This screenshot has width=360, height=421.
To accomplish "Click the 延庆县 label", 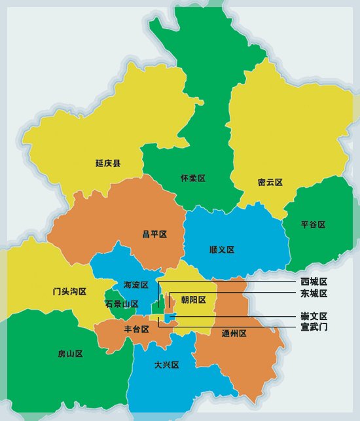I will [107, 163].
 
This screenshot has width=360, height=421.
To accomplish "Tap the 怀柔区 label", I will [193, 178].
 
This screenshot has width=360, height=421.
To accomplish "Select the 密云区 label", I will [270, 182].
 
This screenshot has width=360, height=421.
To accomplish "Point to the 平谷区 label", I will [313, 225].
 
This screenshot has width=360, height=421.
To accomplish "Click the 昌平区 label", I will [155, 234].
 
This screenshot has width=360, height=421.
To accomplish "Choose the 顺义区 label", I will [222, 249].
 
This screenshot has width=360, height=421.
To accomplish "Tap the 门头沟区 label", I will [69, 291].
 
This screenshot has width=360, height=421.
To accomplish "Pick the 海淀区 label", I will [136, 285].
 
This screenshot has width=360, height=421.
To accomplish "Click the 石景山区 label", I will [122, 304].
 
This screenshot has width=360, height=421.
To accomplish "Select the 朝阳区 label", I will [194, 300].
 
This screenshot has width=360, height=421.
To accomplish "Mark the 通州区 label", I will [234, 333].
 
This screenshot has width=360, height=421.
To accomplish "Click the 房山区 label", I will [70, 354].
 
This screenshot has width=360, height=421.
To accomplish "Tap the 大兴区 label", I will [166, 365].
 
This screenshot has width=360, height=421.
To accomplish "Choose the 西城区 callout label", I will [314, 281].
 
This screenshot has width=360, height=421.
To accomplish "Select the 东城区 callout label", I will [314, 293].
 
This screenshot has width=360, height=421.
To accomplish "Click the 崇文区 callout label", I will [314, 316].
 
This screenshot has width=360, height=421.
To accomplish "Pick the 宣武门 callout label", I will [314, 326].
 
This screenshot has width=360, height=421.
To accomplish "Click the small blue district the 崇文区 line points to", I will [170, 318].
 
